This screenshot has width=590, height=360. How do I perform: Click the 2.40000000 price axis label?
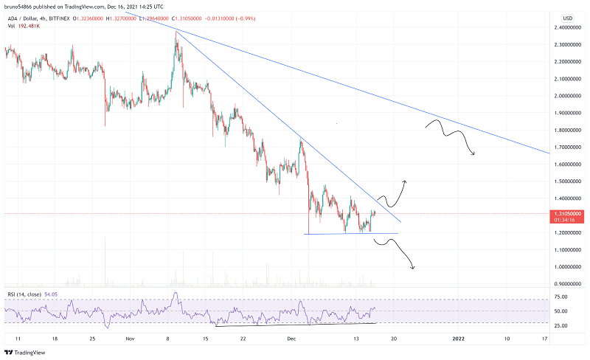point(568,27)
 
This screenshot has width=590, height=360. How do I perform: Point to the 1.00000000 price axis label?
point(568,266)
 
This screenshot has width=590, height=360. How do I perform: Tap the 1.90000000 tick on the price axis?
point(568,113)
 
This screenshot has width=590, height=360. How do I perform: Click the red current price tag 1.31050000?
point(567,212)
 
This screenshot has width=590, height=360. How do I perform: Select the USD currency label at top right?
point(567,18)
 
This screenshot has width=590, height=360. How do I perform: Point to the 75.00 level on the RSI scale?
point(560,297)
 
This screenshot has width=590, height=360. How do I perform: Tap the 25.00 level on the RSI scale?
point(560,325)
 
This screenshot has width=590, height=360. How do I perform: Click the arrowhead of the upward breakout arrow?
point(405,180)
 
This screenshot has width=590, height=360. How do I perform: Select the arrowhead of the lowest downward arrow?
point(413,267)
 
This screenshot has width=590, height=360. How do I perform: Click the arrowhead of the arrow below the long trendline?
point(473,153)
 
